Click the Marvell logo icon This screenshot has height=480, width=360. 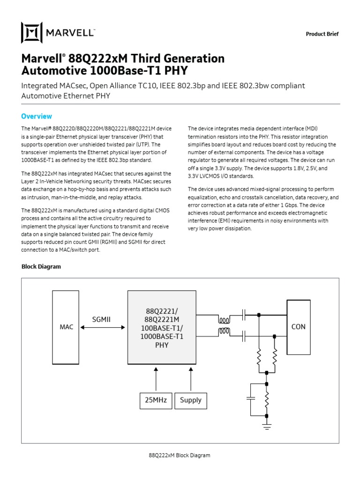pos(32,33)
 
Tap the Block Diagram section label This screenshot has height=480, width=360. pos(41,267)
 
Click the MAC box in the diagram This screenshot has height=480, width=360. pos(66,327)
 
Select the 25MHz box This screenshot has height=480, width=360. pos(157,400)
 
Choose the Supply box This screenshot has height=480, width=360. pos(190,400)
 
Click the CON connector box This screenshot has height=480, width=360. pos(298,327)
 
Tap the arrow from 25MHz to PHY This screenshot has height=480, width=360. pos(157,380)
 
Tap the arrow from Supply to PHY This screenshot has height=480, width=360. pos(190,380)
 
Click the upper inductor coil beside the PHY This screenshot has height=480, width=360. pos(224,321)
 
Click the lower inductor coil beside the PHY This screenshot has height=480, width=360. pos(224,333)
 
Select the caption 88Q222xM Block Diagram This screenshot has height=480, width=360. pos(180,455)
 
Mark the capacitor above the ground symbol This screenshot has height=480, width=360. pos(250,398)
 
